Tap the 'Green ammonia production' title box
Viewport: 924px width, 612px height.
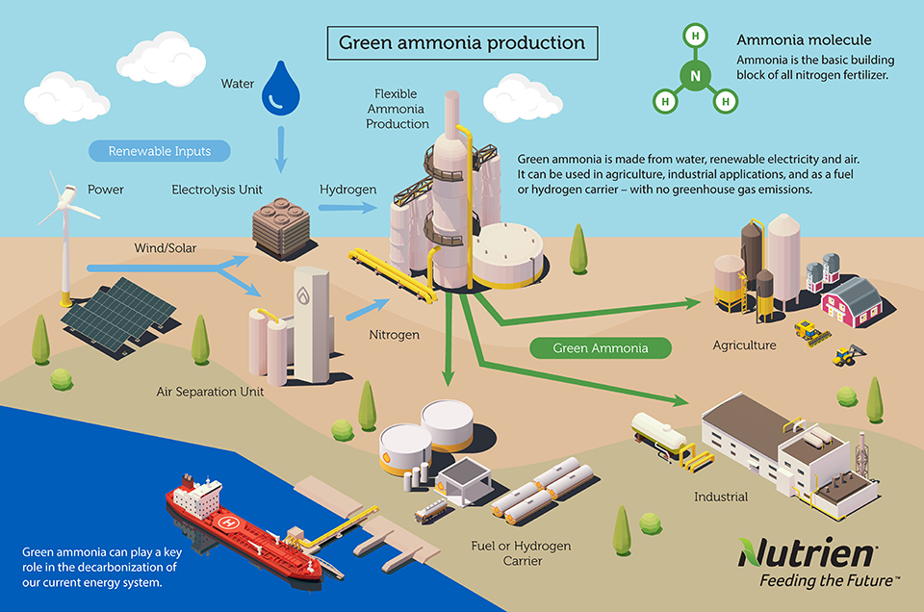click(x=462, y=43)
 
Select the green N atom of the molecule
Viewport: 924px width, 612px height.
click(x=694, y=75)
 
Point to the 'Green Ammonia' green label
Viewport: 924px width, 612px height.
click(x=601, y=347)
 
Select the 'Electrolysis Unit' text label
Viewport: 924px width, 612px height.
click(x=217, y=190)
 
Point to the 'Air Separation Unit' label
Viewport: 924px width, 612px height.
click(x=210, y=392)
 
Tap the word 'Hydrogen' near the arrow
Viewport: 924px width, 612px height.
click(x=348, y=190)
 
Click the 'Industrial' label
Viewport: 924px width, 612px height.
click(x=721, y=497)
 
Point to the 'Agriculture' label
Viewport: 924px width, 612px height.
click(x=744, y=344)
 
